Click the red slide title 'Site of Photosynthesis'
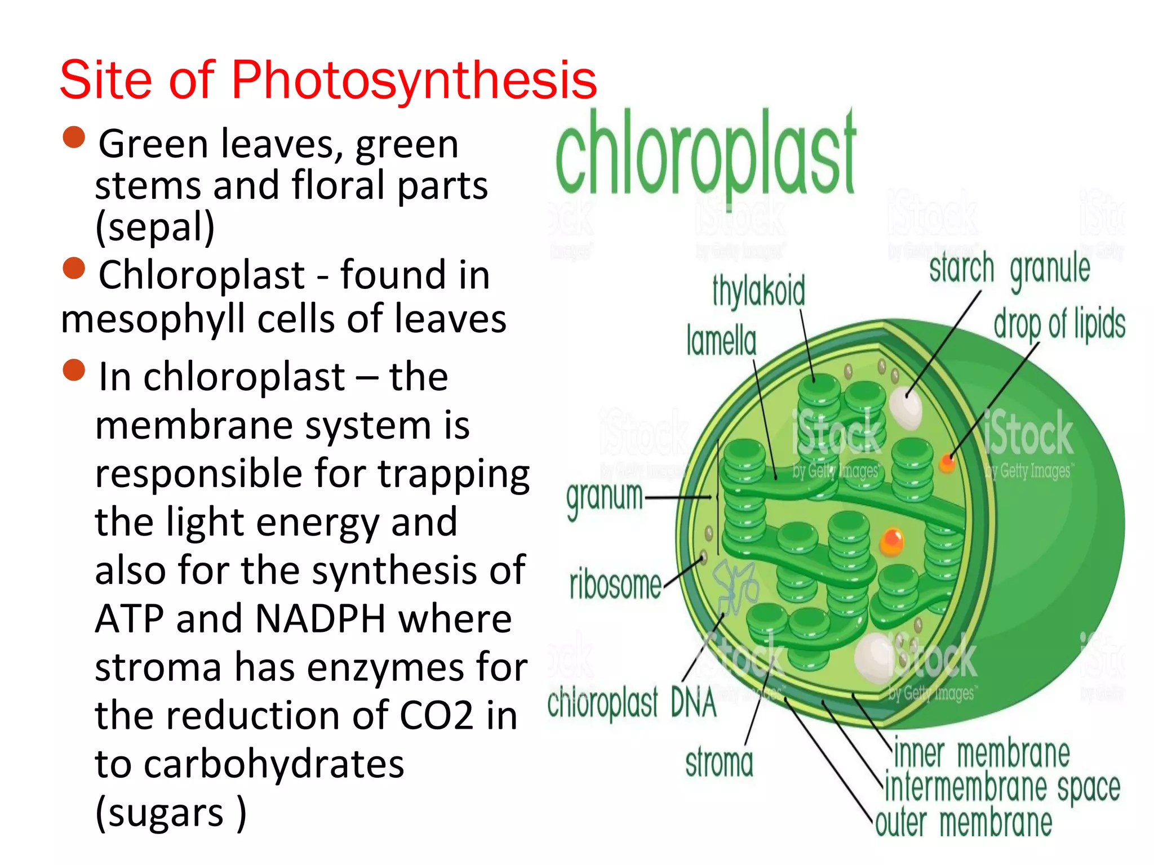(328, 80)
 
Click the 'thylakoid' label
(758, 292)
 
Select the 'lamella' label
(721, 341)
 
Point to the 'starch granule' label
(1010, 269)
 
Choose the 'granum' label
(605, 498)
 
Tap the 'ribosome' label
(615, 585)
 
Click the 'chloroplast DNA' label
(632, 703)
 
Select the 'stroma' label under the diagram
(719, 764)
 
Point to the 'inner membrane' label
(982, 753)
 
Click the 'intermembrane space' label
(1002, 787)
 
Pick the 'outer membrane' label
(964, 823)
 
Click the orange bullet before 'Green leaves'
(74, 137)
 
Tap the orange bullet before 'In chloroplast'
(74, 370)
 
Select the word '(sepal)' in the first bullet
(155, 227)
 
